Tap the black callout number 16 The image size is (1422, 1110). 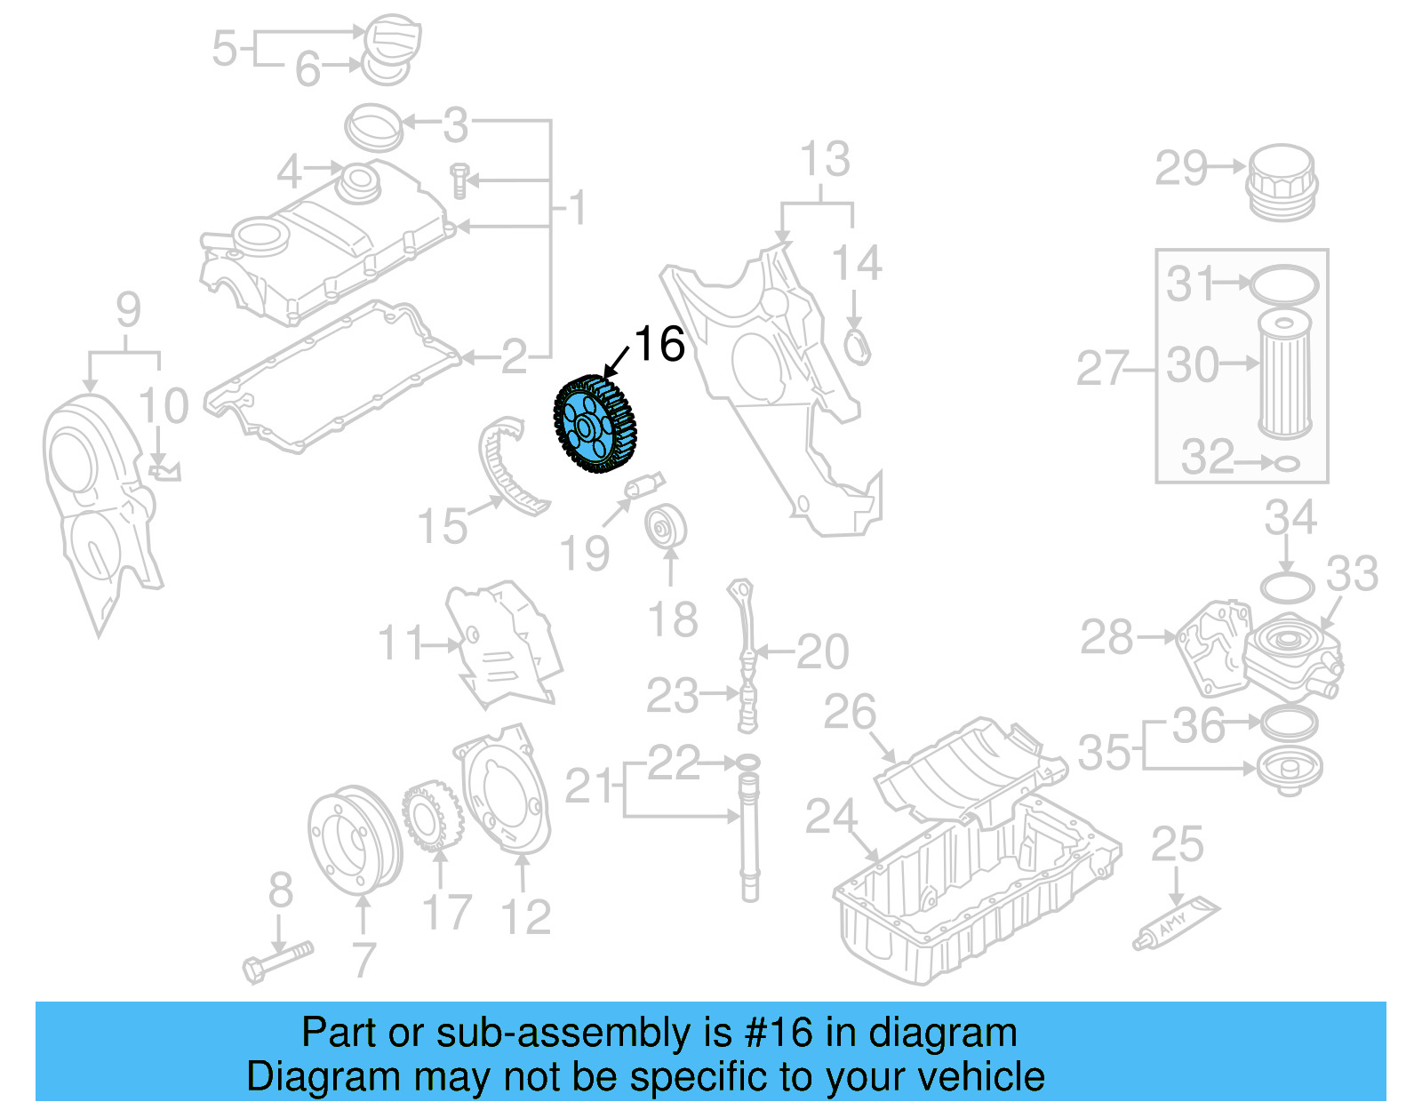coord(659,344)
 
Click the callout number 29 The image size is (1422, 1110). coord(1181,168)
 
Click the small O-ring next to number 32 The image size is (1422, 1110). coord(1287,463)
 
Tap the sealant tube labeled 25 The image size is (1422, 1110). coord(1176,923)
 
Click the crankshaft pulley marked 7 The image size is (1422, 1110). coord(354,840)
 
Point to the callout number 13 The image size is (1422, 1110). coord(825,160)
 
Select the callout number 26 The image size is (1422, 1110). coord(850,712)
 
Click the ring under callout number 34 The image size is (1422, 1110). coord(1287,587)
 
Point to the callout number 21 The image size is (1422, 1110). coord(588,786)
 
